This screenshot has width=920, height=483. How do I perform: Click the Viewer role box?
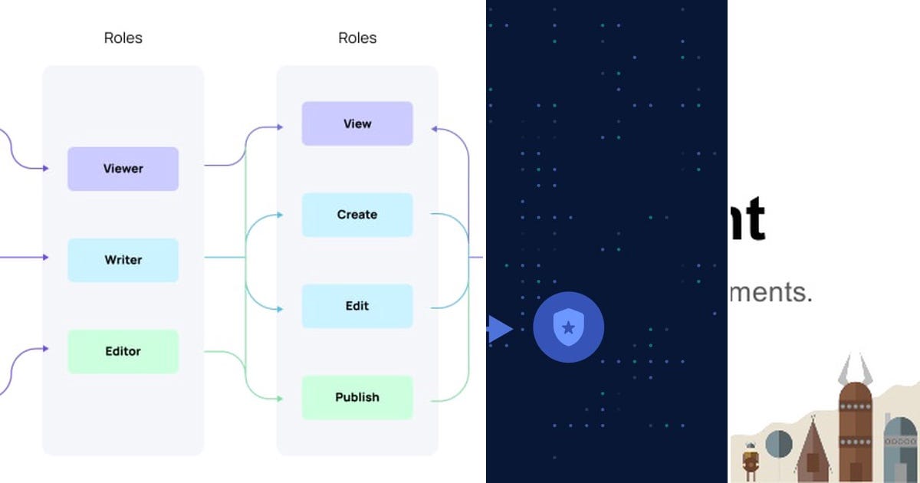click(x=123, y=169)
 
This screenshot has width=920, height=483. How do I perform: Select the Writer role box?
click(x=123, y=260)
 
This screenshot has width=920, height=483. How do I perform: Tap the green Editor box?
click(x=123, y=351)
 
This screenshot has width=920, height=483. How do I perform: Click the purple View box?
click(x=357, y=123)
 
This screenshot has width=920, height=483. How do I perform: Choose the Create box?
click(x=357, y=215)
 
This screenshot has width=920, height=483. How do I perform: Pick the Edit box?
click(x=357, y=306)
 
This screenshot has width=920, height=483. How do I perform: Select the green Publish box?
click(x=357, y=397)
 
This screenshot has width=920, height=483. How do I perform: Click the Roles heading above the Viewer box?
click(x=123, y=38)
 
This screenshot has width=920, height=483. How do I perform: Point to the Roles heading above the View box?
click(x=357, y=38)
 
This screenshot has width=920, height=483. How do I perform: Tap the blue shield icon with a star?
click(x=568, y=327)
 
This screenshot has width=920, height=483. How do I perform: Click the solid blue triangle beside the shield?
click(x=499, y=329)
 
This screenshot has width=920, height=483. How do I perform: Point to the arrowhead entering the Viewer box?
click(x=45, y=168)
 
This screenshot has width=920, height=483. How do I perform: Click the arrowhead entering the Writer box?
click(x=45, y=258)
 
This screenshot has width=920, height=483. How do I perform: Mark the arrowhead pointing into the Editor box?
click(x=45, y=349)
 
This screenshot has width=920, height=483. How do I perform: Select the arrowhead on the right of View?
click(x=435, y=129)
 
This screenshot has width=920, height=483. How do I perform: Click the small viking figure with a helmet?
click(x=750, y=458)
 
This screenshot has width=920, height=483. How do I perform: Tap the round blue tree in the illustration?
click(x=778, y=442)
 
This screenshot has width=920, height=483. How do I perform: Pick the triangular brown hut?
click(x=811, y=452)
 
